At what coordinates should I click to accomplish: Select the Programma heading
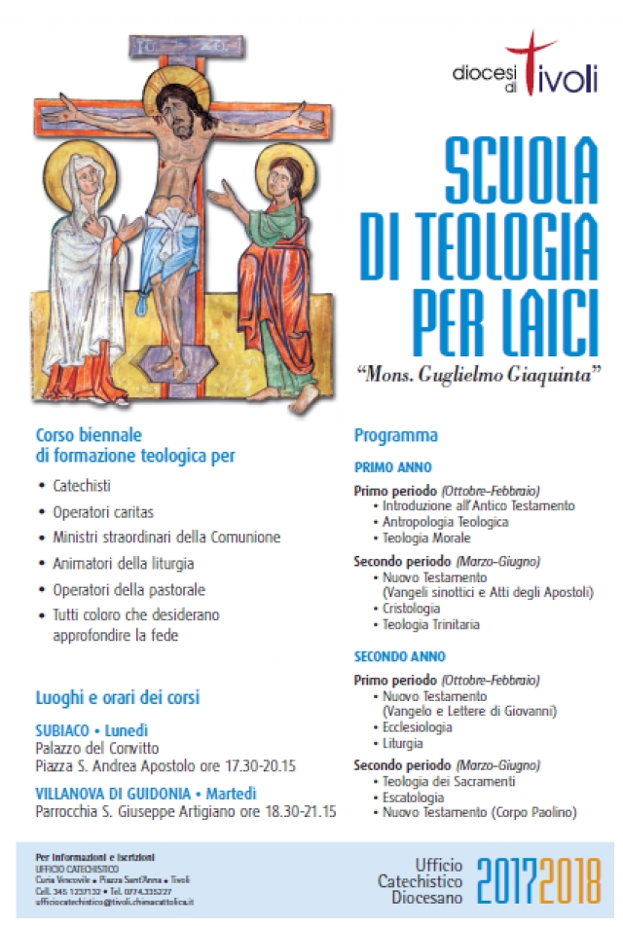(x=395, y=435)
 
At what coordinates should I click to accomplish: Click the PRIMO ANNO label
(x=392, y=467)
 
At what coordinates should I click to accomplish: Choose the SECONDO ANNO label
(x=400, y=656)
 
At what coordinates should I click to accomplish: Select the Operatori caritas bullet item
(x=103, y=510)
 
